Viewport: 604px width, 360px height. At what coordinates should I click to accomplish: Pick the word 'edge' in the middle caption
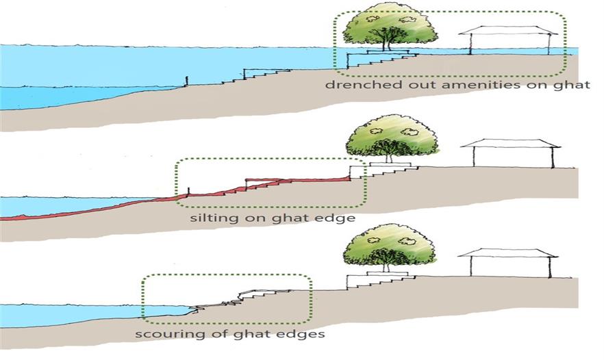point(338,218)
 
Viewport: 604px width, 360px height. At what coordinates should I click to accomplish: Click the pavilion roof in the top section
point(508,30)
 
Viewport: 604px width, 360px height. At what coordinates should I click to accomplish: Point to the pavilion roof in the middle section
point(511,143)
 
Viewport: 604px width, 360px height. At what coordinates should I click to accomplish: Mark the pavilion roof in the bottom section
point(508,253)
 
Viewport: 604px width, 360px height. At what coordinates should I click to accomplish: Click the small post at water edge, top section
point(187,81)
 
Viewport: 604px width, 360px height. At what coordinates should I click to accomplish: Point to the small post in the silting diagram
point(188,192)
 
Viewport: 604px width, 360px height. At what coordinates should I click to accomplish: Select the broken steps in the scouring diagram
point(239,299)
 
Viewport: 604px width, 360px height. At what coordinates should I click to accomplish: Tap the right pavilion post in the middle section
point(553,157)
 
